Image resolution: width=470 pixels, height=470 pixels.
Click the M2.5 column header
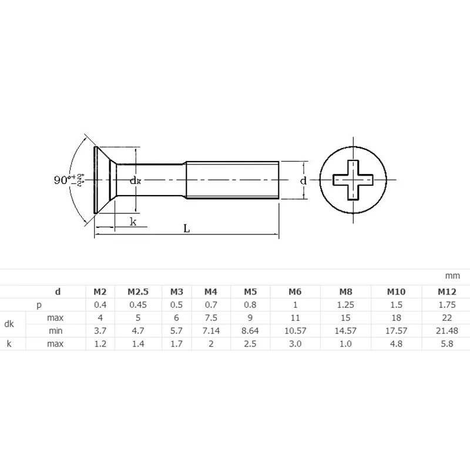tap(138, 291)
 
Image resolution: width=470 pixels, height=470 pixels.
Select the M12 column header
tap(447, 291)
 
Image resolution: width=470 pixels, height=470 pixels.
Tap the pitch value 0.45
tap(138, 305)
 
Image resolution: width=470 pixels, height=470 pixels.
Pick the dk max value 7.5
tap(211, 318)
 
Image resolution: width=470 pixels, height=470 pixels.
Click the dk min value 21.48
tap(447, 331)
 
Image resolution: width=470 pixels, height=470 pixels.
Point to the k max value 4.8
tap(396, 344)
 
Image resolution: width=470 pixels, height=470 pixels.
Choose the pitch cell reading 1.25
tap(345, 305)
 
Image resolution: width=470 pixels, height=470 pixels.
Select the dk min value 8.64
tap(250, 331)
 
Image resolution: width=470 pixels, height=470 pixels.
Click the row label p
tap(39, 305)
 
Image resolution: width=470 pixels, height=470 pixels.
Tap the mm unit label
tap(452, 276)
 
